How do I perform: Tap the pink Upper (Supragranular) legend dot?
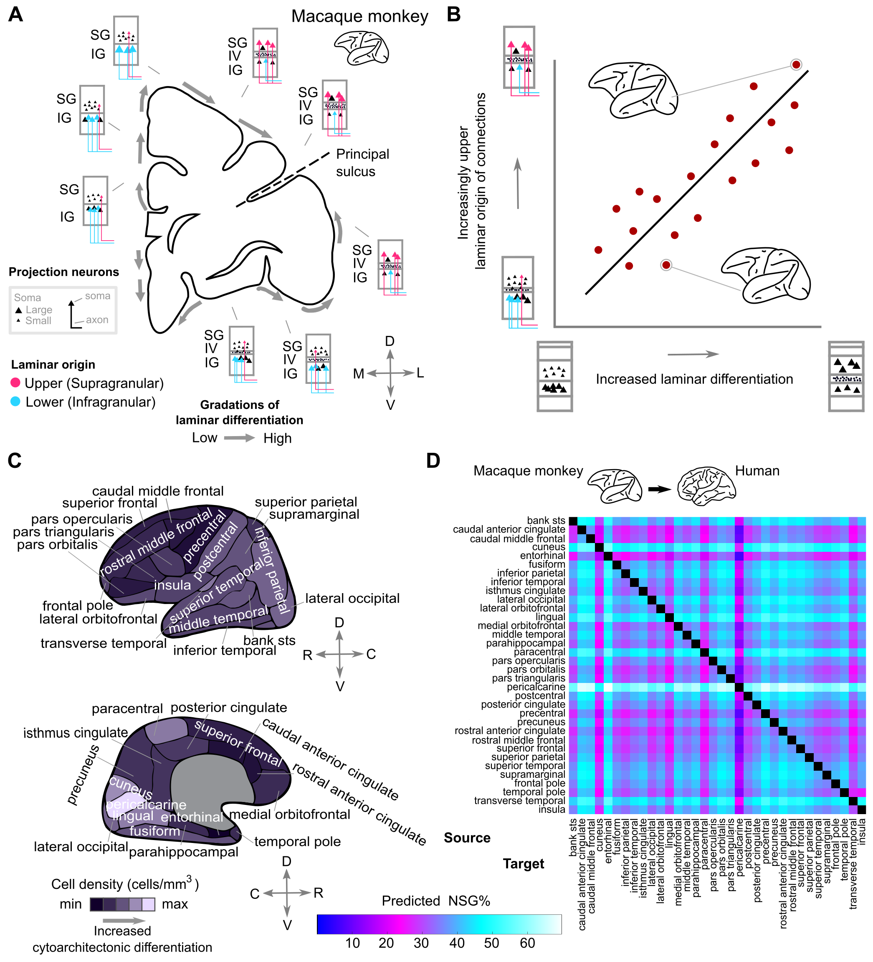tap(15, 383)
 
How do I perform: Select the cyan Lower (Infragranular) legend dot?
tap(15, 401)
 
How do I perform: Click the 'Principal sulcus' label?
tap(362, 163)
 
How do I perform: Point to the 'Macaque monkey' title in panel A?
tap(360, 17)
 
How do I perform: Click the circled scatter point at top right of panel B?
tap(796, 64)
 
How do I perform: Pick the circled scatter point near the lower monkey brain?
tap(666, 265)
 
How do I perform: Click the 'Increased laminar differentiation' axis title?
tap(694, 379)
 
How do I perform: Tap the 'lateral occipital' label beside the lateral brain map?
tap(352, 599)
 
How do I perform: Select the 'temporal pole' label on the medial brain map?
tap(297, 841)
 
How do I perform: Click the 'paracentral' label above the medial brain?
tap(127, 708)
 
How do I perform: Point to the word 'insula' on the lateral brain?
tap(172, 585)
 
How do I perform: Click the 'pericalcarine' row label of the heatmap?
tap(536, 687)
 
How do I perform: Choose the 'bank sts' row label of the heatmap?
tap(546, 520)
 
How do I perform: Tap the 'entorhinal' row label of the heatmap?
tap(542, 556)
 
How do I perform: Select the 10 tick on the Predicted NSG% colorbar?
tap(352, 943)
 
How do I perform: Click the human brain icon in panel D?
tap(706, 486)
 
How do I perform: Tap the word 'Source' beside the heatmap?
tap(467, 838)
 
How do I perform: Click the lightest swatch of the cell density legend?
tap(148, 904)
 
